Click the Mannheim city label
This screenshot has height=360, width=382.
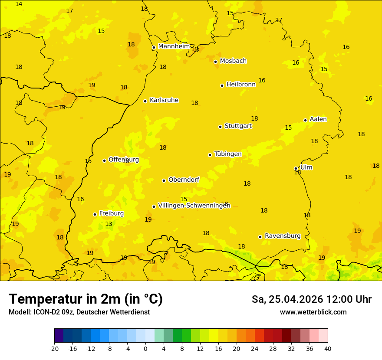pyautogui.click(x=174, y=46)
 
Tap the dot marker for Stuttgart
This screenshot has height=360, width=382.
pyautogui.click(x=220, y=127)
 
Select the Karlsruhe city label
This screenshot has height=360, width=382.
pyautogui.click(x=164, y=100)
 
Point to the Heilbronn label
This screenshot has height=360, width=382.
pyautogui.click(x=241, y=85)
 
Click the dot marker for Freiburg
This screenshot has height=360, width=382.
pyautogui.click(x=95, y=214)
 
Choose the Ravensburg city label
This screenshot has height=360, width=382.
pyautogui.click(x=282, y=236)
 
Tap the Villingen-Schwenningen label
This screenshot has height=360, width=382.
pyautogui.click(x=194, y=206)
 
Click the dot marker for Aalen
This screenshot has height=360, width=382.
pyautogui.click(x=305, y=120)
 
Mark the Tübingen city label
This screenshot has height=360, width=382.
pyautogui.click(x=228, y=154)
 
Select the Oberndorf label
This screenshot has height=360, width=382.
pyautogui.click(x=184, y=180)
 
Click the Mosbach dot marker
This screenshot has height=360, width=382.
pyautogui.click(x=215, y=62)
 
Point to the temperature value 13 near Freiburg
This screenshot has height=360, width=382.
pyautogui.click(x=109, y=224)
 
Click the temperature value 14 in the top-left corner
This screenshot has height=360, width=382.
pyautogui.click(x=19, y=4)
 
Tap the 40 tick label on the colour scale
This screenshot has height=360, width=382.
pyautogui.click(x=328, y=348)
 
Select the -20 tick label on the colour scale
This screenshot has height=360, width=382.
pyautogui.click(x=54, y=348)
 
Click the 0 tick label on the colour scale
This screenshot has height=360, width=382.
pyautogui.click(x=145, y=348)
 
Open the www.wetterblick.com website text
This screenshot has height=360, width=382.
pyautogui.click(x=313, y=312)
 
